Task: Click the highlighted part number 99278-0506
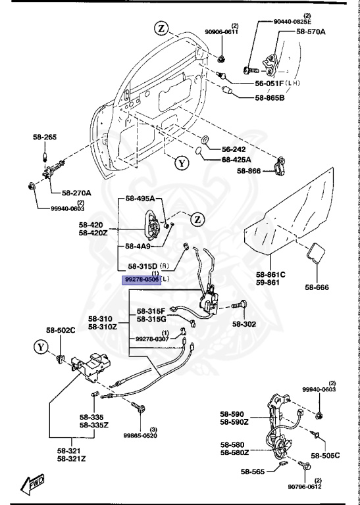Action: tap(141, 279)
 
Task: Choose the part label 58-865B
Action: tap(270, 98)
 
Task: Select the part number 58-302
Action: tap(245, 324)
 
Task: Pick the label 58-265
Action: tap(45, 137)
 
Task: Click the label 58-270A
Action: tap(77, 193)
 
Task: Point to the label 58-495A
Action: tap(140, 199)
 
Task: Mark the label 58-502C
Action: tap(61, 329)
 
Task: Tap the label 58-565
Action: tap(253, 472)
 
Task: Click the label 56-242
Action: tap(234, 149)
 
